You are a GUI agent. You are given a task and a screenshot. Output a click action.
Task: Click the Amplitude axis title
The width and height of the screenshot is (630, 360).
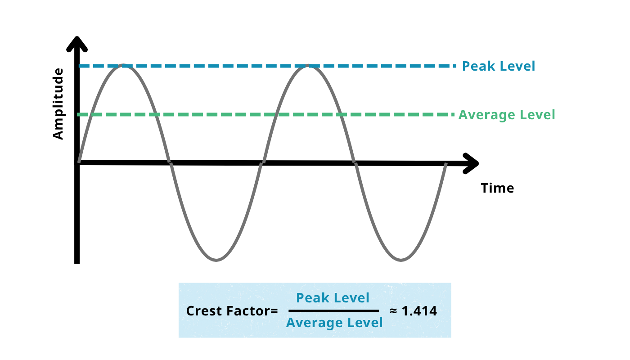(58, 104)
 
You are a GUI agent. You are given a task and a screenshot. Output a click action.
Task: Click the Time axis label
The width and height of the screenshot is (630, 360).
(497, 188)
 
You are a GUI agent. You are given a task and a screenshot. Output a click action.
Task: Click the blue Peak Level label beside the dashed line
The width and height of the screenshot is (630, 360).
(499, 66)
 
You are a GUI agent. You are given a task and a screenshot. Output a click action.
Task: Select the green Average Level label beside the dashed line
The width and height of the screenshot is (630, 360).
(507, 115)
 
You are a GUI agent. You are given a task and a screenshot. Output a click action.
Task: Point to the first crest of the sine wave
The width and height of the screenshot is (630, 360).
(123, 66)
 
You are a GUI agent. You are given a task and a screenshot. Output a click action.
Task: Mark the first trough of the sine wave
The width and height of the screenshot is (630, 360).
(216, 260)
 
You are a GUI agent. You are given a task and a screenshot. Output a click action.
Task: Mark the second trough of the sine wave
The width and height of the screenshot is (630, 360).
(400, 260)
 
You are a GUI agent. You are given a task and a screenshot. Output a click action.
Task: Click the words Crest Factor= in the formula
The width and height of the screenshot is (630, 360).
(232, 311)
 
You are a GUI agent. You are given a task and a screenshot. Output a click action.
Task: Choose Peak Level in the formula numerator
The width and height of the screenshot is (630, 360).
(333, 298)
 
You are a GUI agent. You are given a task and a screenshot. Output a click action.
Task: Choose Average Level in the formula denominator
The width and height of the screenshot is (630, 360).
(334, 323)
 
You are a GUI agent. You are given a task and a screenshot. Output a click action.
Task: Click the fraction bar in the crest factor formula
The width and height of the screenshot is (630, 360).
(333, 310)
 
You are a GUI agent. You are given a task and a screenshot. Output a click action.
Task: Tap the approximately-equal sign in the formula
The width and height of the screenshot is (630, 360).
(393, 311)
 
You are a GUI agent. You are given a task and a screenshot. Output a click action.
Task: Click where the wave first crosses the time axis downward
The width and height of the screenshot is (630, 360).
(170, 162)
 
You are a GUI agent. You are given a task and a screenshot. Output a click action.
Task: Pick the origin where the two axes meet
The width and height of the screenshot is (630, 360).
(78, 162)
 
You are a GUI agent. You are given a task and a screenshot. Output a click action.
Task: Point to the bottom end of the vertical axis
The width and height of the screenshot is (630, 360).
(77, 261)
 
